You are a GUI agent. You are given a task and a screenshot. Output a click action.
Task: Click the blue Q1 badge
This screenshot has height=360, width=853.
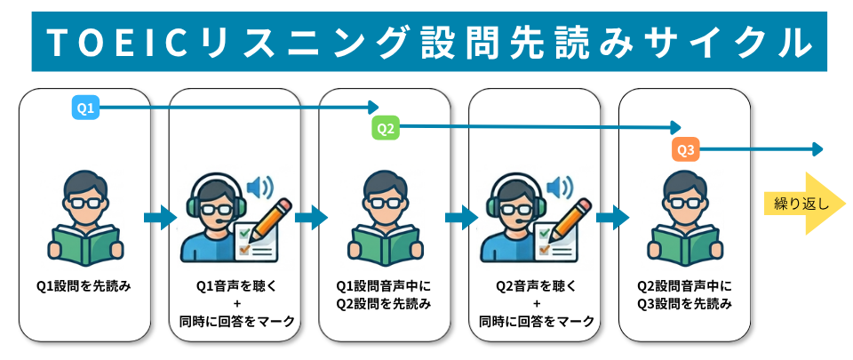click(x=85, y=108)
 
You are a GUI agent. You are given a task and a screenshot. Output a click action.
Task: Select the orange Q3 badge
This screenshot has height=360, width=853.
click(x=686, y=150)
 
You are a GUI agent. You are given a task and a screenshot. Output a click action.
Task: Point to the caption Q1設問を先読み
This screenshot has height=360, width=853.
click(x=84, y=286)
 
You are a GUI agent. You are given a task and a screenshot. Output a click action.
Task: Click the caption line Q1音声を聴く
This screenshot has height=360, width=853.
click(x=235, y=286)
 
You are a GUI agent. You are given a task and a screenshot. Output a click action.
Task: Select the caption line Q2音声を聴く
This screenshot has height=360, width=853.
click(x=535, y=286)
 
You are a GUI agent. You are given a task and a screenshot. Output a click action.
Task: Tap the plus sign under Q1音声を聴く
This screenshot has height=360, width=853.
click(x=235, y=304)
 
